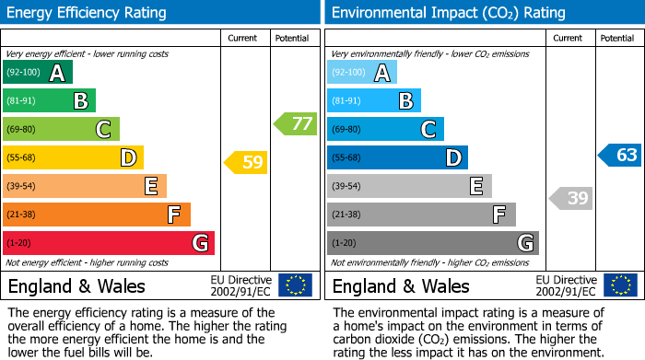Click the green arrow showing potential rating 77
tap(295, 123)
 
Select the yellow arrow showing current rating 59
tap(245, 163)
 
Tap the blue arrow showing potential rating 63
tap(619, 155)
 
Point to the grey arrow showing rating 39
tap(571, 198)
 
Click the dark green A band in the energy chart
tap(38, 73)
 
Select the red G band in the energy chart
tap(109, 243)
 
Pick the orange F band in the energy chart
tap(97, 215)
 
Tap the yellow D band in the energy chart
tap(73, 157)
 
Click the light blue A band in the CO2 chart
tap(362, 73)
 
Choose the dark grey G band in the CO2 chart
tap(432, 243)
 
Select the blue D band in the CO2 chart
tap(397, 157)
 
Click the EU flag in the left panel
tap(295, 285)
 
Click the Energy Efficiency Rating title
tap(88, 13)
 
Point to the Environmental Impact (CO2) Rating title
tap(448, 13)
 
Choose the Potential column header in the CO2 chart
tap(616, 38)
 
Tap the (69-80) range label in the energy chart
tap(22, 129)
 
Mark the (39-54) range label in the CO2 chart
tap(346, 186)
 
